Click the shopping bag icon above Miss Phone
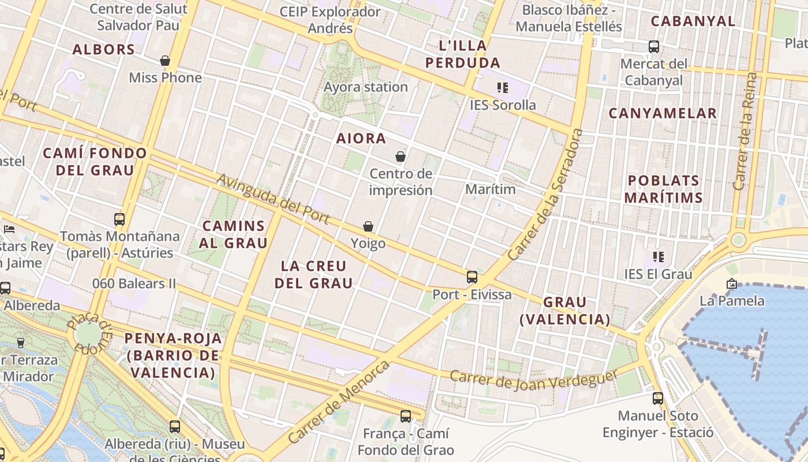click(x=165, y=61)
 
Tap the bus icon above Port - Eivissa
click(x=472, y=277)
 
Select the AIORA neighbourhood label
click(x=361, y=139)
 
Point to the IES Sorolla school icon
click(x=502, y=88)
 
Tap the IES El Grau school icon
click(x=658, y=256)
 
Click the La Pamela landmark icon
click(x=732, y=284)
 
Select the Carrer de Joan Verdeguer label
click(x=534, y=379)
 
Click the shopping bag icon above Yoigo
click(x=368, y=226)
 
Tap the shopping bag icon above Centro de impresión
click(x=401, y=157)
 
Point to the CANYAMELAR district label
click(x=663, y=113)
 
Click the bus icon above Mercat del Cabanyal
click(x=654, y=47)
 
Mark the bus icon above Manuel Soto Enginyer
click(x=658, y=398)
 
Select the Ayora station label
click(x=366, y=87)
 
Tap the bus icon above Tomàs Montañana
click(x=119, y=219)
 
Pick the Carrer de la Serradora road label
click(x=545, y=195)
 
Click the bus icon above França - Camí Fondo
click(x=406, y=416)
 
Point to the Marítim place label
click(x=490, y=189)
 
